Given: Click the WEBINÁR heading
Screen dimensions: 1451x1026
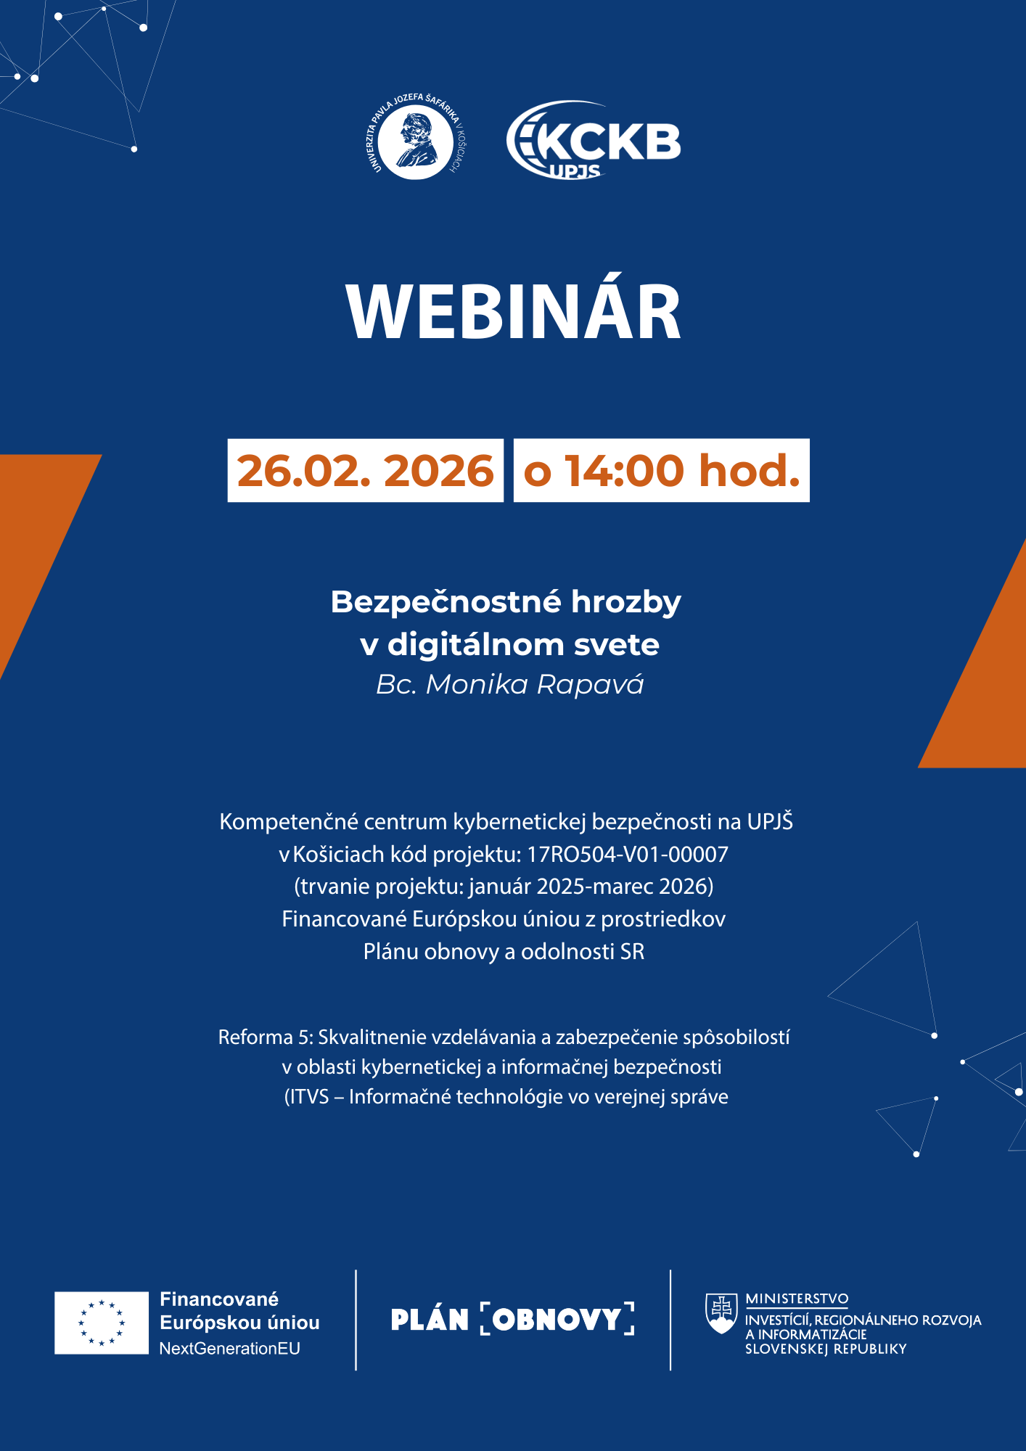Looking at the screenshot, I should click(x=513, y=312).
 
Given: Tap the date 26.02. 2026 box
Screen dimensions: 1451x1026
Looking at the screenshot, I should click(x=365, y=470).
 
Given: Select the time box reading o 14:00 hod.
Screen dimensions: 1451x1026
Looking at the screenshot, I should click(x=661, y=470).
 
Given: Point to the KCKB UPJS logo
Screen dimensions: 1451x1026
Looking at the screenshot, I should click(x=594, y=140).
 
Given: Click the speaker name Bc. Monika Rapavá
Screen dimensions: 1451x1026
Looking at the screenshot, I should click(x=509, y=684).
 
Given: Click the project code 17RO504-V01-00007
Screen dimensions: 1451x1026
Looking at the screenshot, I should click(x=627, y=855).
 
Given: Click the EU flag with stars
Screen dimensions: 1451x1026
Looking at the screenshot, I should click(x=102, y=1323).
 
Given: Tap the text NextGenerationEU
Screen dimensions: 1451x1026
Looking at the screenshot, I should click(x=229, y=1349).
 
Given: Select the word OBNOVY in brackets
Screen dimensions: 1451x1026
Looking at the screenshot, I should click(x=557, y=1320).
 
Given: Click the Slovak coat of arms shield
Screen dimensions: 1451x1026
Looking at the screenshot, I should click(x=721, y=1314).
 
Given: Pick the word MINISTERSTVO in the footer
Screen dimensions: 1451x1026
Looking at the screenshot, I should click(x=797, y=1299).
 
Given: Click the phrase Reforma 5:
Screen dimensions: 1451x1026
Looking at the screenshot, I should click(x=265, y=1037).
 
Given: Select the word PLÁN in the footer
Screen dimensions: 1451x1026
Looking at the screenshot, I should click(x=430, y=1320).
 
